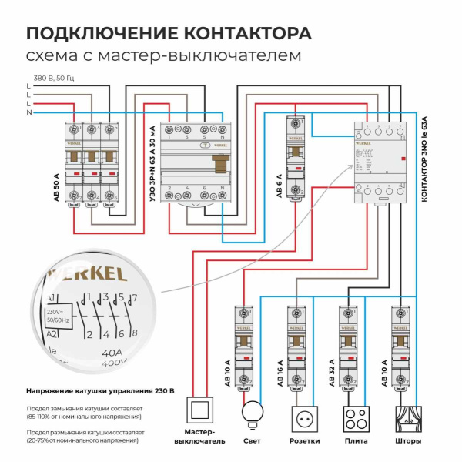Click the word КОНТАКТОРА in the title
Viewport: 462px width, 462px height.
[239, 35]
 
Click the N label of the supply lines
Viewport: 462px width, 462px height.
[28, 112]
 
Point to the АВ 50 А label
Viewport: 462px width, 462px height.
[55, 177]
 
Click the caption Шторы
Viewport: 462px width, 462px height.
[407, 442]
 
